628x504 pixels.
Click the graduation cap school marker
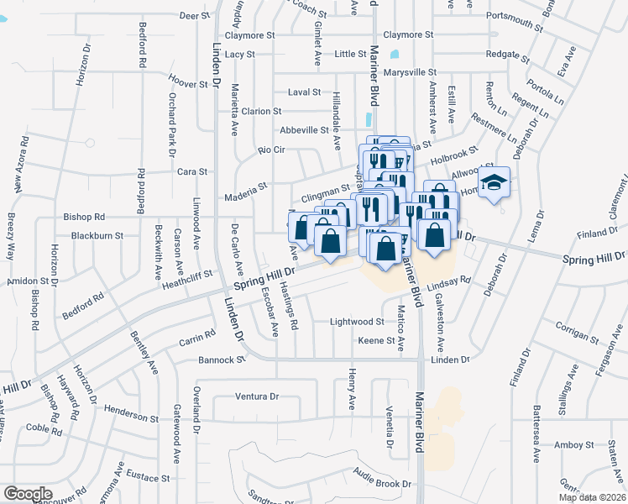[x=495, y=182]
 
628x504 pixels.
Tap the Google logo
[x=28, y=494]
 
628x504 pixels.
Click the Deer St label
[x=194, y=16]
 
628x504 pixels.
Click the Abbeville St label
[x=304, y=130]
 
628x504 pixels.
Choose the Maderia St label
[x=245, y=197]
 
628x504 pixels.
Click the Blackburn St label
[x=97, y=236]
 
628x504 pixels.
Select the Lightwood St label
[x=357, y=322]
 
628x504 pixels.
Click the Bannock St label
[x=221, y=360]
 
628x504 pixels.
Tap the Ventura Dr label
[x=256, y=396]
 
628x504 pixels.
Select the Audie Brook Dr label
[x=382, y=484]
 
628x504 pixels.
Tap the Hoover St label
[x=188, y=84]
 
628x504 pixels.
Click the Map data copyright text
[x=593, y=497]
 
